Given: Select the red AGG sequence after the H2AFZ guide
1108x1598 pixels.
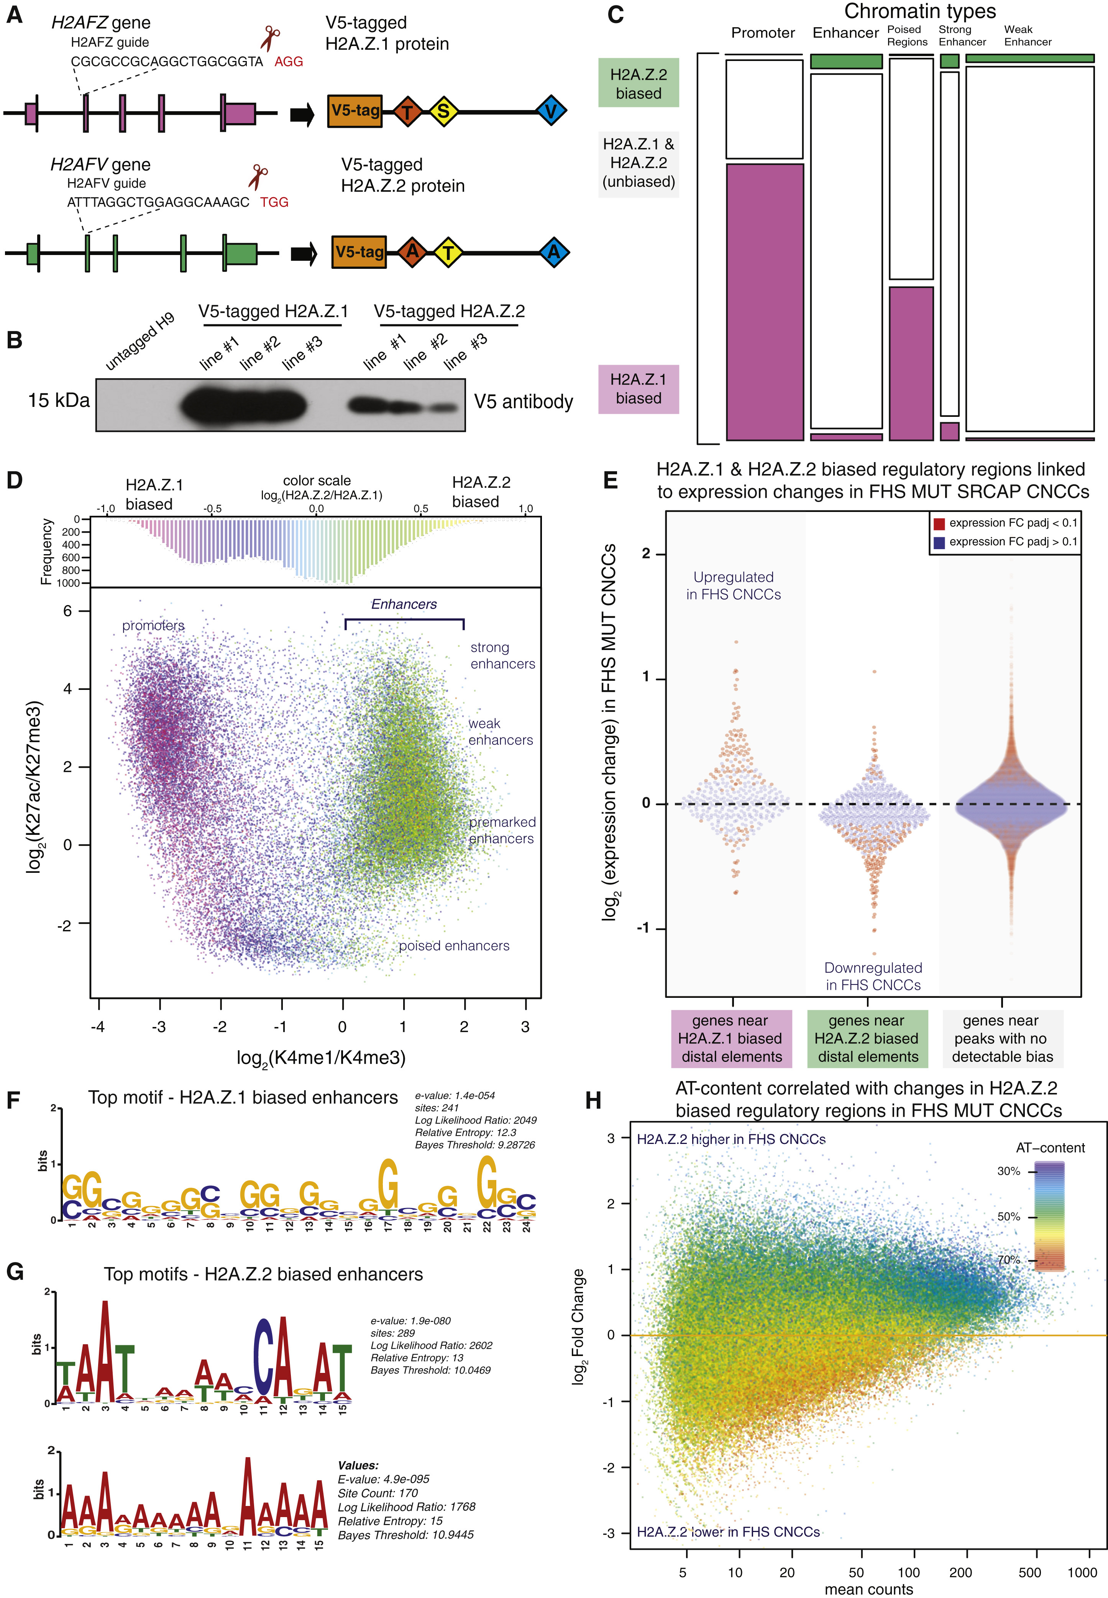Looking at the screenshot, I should pos(289,62).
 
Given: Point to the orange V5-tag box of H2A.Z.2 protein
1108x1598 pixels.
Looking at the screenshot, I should pos(359,252).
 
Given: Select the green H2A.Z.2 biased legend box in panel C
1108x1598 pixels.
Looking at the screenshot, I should pos(638,83).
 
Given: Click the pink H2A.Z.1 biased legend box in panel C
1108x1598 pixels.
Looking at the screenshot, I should pos(638,389).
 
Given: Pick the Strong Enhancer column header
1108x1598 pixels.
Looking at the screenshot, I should pos(962,35).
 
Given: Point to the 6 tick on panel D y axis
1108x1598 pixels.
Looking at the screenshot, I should pos(67,611).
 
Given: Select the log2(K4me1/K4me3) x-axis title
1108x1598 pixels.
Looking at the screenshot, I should pos(321,1058).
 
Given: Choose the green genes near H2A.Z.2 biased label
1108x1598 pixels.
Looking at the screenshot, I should pos(867,1038).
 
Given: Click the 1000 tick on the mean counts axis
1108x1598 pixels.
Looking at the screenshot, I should pos(1082,1572).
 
